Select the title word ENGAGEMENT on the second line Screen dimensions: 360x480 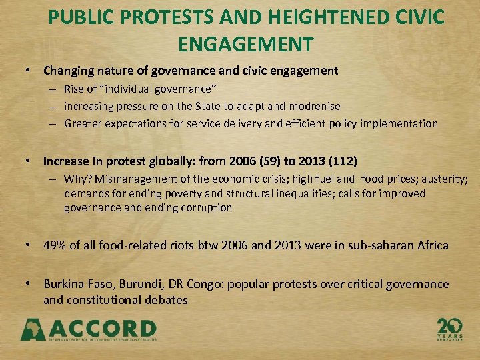246,44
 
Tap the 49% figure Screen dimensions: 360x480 55,245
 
